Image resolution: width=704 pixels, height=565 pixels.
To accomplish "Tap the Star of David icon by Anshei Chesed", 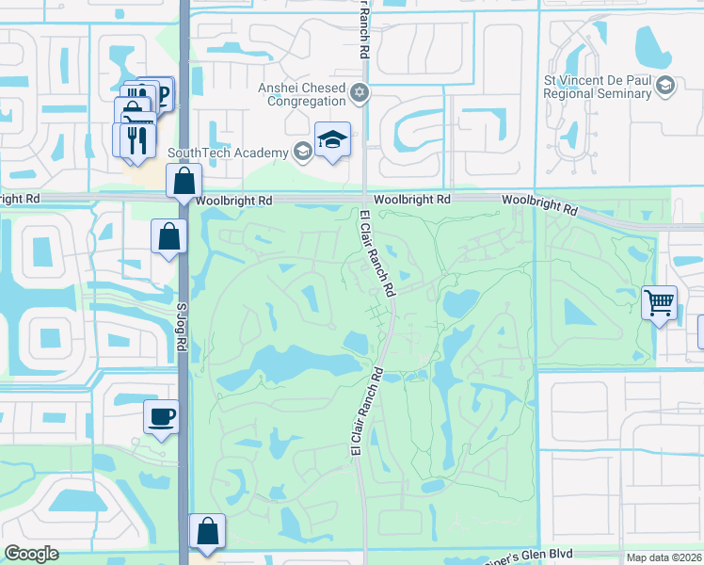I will tap(359, 93).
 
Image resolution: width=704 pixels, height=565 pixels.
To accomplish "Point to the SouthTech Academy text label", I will tap(229, 153).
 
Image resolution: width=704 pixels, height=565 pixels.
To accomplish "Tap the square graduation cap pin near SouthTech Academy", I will tap(332, 140).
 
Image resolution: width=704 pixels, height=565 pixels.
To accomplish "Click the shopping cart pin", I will tap(659, 304).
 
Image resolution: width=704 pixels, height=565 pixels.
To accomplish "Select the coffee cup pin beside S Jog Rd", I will tap(161, 416).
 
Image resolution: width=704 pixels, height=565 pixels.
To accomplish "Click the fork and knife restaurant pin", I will tap(133, 139).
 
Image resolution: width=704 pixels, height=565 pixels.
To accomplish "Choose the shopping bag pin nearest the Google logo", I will tap(206, 532).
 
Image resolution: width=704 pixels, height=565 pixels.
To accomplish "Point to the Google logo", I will tap(31, 554).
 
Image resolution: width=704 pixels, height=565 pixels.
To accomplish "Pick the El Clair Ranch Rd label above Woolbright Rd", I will tap(362, 28).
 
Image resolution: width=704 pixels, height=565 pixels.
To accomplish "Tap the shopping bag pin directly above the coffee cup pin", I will tap(168, 237).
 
